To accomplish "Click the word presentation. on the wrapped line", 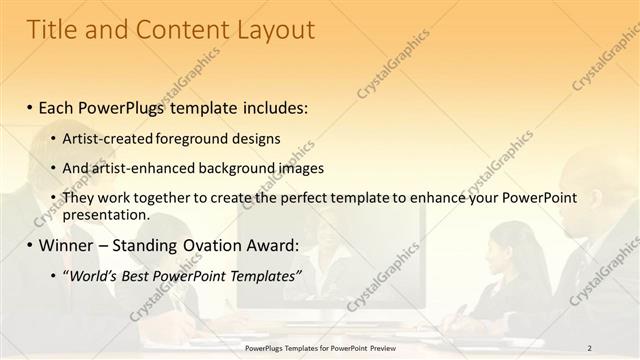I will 105,215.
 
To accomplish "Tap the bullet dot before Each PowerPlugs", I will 30,107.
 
